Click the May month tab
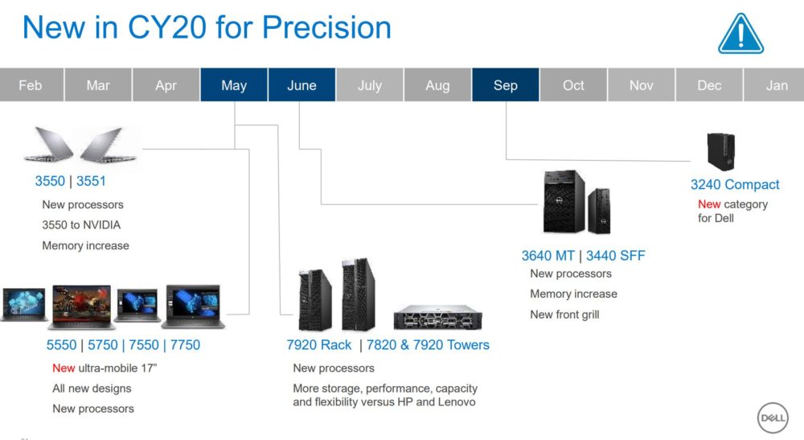click(234, 84)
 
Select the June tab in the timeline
click(301, 84)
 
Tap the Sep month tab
click(506, 84)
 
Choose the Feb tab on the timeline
click(31, 84)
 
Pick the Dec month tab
click(709, 84)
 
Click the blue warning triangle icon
click(741, 34)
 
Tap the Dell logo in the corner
click(772, 417)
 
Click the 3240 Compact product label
click(735, 185)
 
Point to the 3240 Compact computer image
click(721, 151)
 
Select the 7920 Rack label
click(319, 344)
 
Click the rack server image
click(438, 317)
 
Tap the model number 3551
click(91, 181)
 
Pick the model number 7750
click(185, 344)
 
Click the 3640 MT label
click(548, 255)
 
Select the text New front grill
click(564, 315)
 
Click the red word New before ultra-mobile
click(64, 368)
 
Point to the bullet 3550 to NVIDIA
click(81, 225)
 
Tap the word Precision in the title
click(326, 27)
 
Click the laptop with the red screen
click(81, 306)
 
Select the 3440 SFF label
click(615, 255)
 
